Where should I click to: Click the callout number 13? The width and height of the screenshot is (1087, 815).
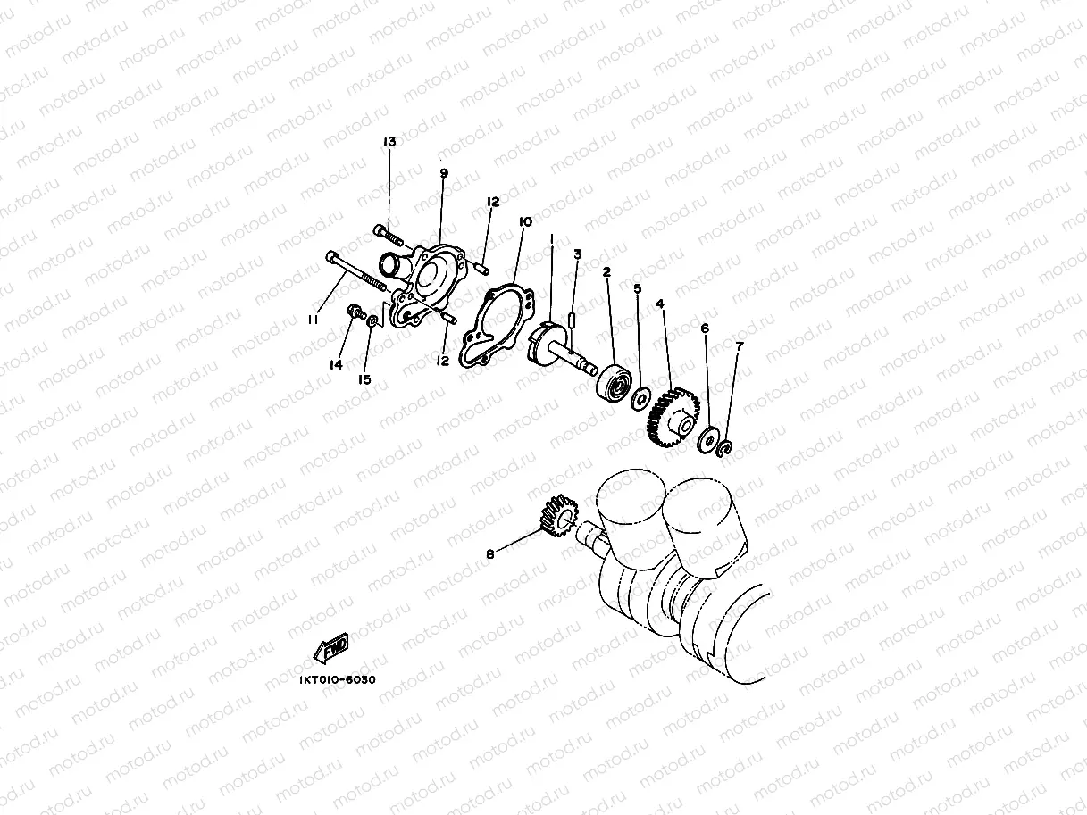tap(389, 142)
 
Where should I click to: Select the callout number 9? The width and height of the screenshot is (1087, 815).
tap(444, 173)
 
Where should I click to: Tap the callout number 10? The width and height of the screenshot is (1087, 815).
tap(524, 220)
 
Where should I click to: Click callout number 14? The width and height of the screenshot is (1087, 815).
tap(336, 364)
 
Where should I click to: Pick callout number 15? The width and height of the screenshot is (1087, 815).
tap(364, 379)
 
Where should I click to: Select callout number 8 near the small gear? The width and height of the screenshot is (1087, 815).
tap(489, 554)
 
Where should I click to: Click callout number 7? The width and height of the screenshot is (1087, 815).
tap(739, 345)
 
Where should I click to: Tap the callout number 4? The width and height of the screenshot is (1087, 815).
tap(659, 304)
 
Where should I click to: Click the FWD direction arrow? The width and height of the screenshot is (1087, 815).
tap(330, 649)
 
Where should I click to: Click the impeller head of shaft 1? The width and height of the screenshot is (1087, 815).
tap(541, 344)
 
